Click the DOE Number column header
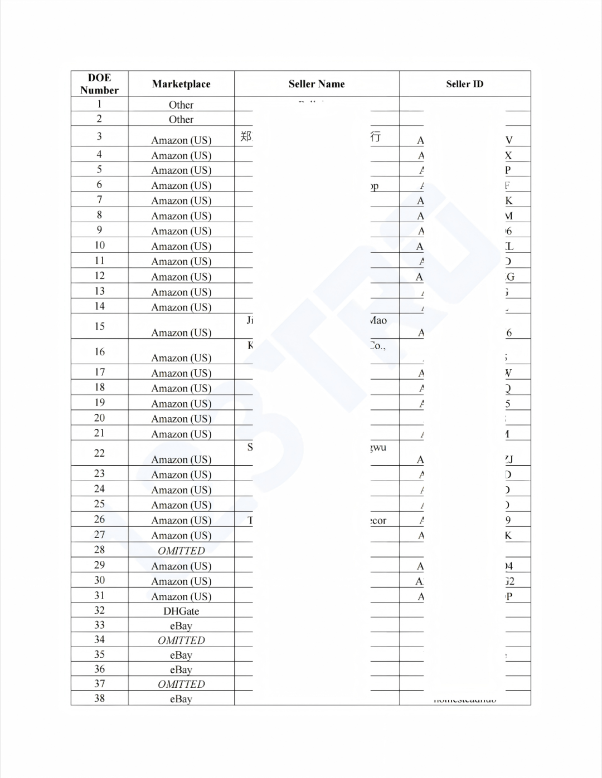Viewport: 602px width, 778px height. tap(99, 84)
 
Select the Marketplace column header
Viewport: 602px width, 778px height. tap(181, 84)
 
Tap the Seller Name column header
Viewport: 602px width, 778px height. tap(317, 84)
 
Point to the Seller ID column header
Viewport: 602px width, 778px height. tap(464, 84)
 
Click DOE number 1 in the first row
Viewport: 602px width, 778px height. tap(99, 104)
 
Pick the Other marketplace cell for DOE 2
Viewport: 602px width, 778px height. tap(181, 119)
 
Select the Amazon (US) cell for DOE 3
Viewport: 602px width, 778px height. tap(181, 140)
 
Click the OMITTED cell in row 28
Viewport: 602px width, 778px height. tap(181, 551)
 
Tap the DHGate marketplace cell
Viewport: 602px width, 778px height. tap(181, 611)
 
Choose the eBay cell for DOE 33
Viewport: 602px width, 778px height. tap(181, 626)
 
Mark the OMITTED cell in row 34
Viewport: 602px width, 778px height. tap(181, 640)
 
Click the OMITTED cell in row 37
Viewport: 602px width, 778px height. tap(181, 684)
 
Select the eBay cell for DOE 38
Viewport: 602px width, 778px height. tap(181, 699)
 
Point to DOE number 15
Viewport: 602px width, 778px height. tap(99, 326)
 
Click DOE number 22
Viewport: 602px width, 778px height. tap(99, 453)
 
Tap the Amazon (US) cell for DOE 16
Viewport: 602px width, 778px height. tap(181, 358)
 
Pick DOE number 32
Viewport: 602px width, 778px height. tap(99, 610)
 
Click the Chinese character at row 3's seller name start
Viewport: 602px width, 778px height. tap(246, 136)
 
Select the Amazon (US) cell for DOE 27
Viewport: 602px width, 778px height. tap(181, 536)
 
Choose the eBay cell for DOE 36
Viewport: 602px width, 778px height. tap(181, 670)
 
